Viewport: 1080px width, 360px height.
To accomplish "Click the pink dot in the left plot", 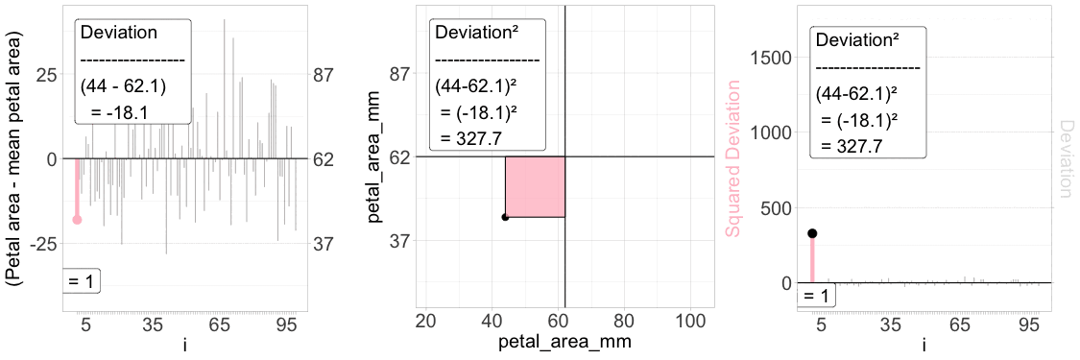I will coord(77,220).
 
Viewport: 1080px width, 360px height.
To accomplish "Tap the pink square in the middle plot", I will coord(535,186).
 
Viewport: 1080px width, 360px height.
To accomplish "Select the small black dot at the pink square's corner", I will coord(505,217).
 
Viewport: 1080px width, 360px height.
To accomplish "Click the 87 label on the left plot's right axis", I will coord(323,74).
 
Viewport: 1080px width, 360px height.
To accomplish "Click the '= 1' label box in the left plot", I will coord(82,282).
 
